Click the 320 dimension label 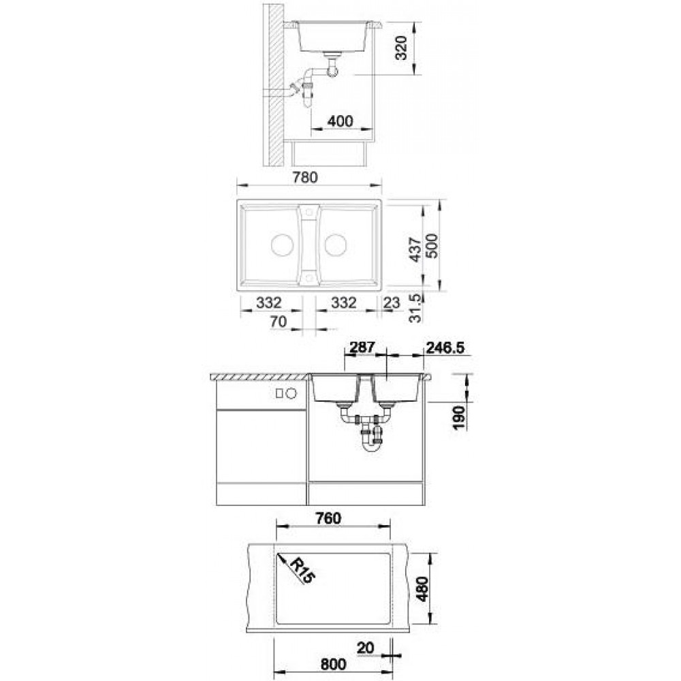click(402, 48)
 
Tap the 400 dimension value click(340, 121)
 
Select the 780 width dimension click(304, 177)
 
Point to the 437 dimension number click(415, 250)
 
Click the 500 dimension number click(432, 247)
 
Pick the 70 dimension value click(279, 321)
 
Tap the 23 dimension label click(392, 303)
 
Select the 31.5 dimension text click(415, 308)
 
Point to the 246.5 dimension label click(445, 347)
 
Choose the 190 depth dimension click(460, 418)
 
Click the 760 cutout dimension click(329, 518)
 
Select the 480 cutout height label click(422, 588)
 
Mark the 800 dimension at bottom click(334, 664)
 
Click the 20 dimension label click(365, 648)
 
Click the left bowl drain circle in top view click(283, 245)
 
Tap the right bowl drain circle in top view click(335, 245)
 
